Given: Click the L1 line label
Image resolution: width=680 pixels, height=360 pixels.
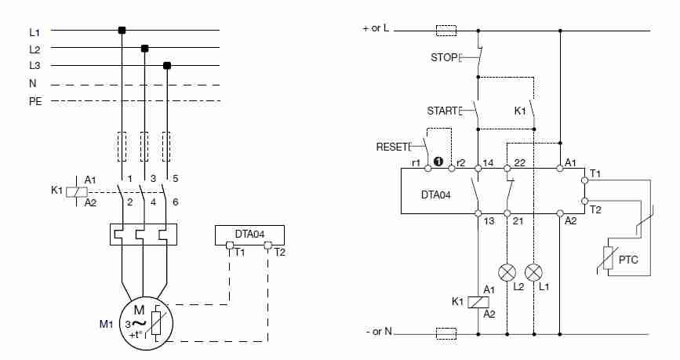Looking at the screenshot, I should pyautogui.click(x=34, y=31).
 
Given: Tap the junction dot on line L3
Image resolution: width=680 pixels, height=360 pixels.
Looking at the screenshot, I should pyautogui.click(x=166, y=65).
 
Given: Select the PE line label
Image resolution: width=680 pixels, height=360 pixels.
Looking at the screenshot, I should pyautogui.click(x=35, y=100).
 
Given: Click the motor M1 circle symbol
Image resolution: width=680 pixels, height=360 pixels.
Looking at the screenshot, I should pyautogui.click(x=142, y=320).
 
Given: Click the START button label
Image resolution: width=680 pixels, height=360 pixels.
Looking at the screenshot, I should pyautogui.click(x=441, y=111).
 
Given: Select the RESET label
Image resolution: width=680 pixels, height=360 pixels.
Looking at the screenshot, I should pyautogui.click(x=391, y=147).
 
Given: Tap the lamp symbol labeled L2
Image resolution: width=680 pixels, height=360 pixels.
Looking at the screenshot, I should pyautogui.click(x=508, y=273).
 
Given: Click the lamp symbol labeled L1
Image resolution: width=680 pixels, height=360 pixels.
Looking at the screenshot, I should pyautogui.click(x=533, y=273).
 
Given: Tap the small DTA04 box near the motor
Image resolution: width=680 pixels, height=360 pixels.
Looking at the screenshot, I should pyautogui.click(x=249, y=234).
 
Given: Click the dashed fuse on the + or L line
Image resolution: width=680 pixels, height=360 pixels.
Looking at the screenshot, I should pyautogui.click(x=445, y=31).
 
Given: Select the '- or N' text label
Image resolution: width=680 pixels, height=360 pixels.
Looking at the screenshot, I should pyautogui.click(x=378, y=333).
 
